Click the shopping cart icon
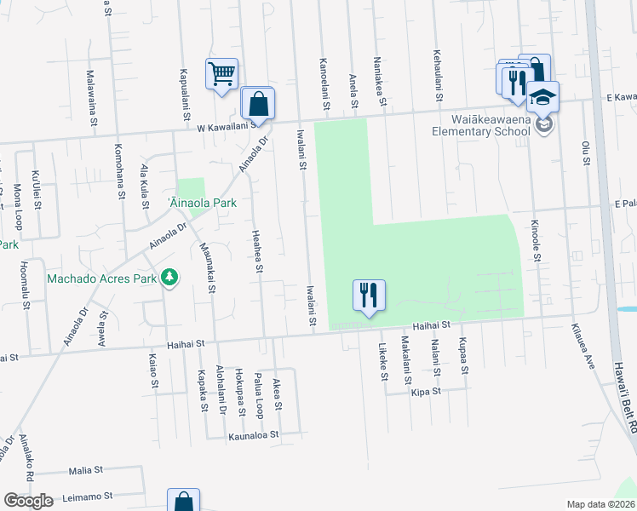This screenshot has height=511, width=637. [x=221, y=73]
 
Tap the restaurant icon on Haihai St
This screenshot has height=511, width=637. [x=369, y=296]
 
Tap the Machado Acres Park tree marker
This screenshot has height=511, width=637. [x=169, y=278]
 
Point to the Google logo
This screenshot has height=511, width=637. [x=28, y=501]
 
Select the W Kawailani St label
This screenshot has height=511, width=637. [x=227, y=126]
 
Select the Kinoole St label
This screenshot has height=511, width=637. [x=536, y=242]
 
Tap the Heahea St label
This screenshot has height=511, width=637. [x=256, y=250]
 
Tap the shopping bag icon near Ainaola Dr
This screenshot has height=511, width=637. [x=257, y=105]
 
